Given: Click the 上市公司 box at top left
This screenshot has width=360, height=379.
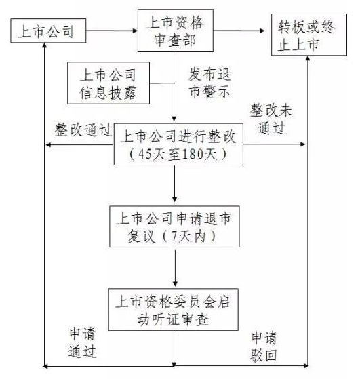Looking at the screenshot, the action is coord(48,31).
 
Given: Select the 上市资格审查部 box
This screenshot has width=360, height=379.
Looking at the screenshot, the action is coord(176,31).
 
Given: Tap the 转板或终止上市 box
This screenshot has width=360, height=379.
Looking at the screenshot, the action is coord(309,35).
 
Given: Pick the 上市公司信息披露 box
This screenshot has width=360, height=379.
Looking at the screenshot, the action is coord(108,83).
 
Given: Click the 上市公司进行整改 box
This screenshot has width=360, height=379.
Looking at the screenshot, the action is coord(178,144).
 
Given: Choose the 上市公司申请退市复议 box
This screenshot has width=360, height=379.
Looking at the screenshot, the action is coord(174,226).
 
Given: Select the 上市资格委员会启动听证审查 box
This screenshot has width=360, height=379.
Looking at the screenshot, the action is coord(173,309).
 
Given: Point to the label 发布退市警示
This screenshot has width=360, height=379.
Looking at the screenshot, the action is coord(209,83).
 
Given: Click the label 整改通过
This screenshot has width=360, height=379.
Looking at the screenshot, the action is coord(83,129).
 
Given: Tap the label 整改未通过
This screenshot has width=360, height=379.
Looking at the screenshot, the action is coord(271,119).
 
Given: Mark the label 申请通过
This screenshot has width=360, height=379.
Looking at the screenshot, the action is coord(82,343).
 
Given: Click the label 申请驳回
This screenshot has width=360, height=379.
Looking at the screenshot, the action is coord(264,346).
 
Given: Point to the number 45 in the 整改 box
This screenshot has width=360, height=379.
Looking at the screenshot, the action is coord(144,154).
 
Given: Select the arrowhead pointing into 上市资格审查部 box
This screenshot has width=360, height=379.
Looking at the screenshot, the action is coord(135,31).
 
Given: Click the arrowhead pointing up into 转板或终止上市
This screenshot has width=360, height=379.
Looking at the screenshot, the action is coord(308,58).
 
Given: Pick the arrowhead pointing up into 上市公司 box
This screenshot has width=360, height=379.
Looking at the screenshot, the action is coord(44,45).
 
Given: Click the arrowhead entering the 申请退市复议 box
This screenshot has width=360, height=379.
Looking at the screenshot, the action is coord(174,199).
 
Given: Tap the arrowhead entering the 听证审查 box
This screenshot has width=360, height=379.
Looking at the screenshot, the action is coord(175,284).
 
